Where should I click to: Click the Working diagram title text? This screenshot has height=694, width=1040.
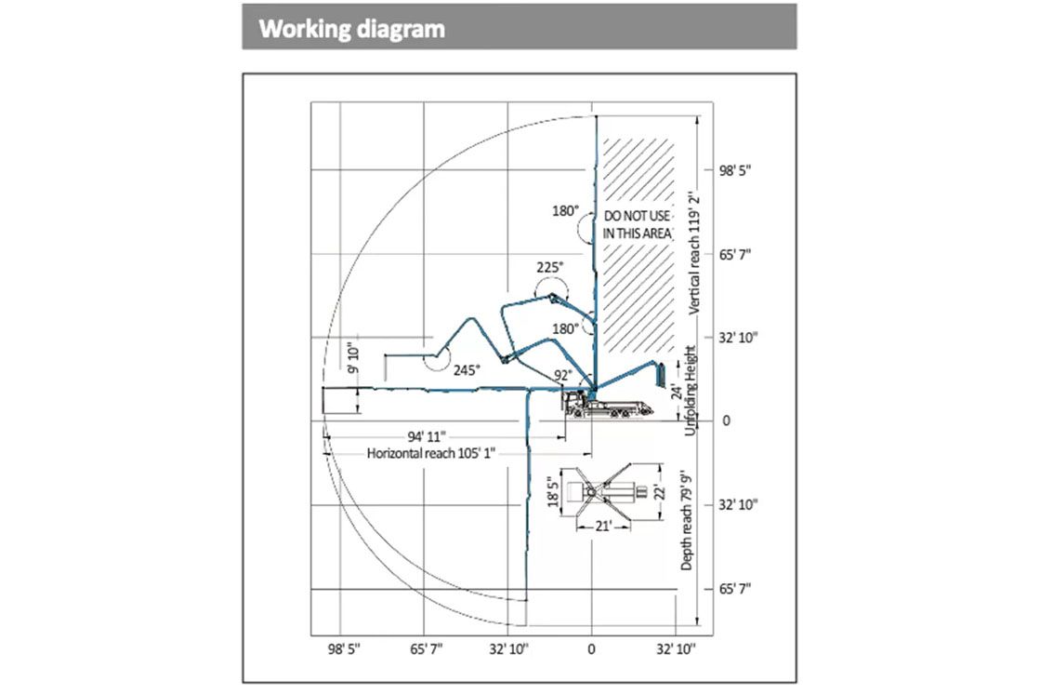pyautogui.click(x=352, y=29)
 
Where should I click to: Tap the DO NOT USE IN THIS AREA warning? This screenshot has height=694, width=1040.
pyautogui.click(x=637, y=224)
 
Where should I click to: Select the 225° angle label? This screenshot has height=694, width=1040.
pyautogui.click(x=549, y=268)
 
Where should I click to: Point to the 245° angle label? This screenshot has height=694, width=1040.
pyautogui.click(x=467, y=369)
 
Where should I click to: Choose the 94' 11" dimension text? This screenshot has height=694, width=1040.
pyautogui.click(x=426, y=435)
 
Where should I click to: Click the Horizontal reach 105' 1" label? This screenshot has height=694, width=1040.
pyautogui.click(x=431, y=453)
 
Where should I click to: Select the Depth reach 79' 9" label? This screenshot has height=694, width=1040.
pyautogui.click(x=688, y=522)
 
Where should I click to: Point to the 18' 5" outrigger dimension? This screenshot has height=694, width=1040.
pyautogui.click(x=554, y=492)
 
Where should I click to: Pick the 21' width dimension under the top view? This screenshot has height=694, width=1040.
pyautogui.click(x=601, y=526)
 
